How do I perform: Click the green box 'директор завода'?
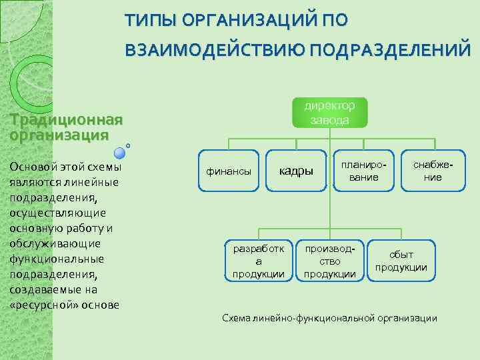pyautogui.click(x=329, y=113)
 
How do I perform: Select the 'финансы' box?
pyautogui.click(x=229, y=171)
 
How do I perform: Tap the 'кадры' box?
pyautogui.click(x=295, y=171)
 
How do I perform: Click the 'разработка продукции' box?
pyautogui.click(x=258, y=261)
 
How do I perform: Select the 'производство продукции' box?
pyautogui.click(x=330, y=261)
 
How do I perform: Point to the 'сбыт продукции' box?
pyautogui.click(x=401, y=261)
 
